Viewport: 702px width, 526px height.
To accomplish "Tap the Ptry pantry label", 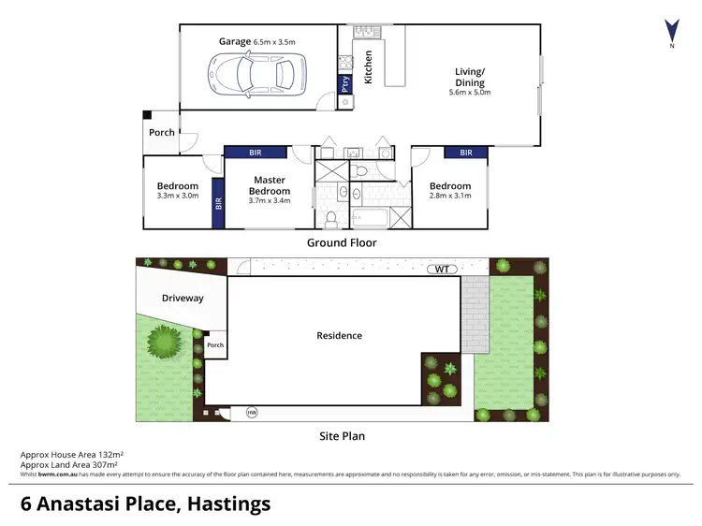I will pos(345,81).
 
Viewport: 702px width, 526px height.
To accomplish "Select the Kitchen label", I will pos(368,67).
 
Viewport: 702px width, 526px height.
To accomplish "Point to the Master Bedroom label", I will pos(269,185).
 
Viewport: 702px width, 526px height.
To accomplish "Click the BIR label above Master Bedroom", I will pos(256,153).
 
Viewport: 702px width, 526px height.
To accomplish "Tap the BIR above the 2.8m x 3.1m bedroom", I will pos(466,153).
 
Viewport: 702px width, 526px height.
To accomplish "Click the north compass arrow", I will pos(669,30).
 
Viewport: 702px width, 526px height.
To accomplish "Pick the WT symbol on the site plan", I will pos(443,270).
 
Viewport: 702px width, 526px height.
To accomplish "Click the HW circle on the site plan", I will pos(252,412).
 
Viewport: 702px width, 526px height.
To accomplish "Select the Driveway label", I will pos(183,299).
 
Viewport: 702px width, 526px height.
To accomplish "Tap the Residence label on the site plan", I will pos(339,335).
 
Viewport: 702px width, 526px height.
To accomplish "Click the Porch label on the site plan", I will pos(215,344).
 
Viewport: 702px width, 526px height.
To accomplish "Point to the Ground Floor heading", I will pos(342,242).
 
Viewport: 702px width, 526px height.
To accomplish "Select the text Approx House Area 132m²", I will pos(72,455).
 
